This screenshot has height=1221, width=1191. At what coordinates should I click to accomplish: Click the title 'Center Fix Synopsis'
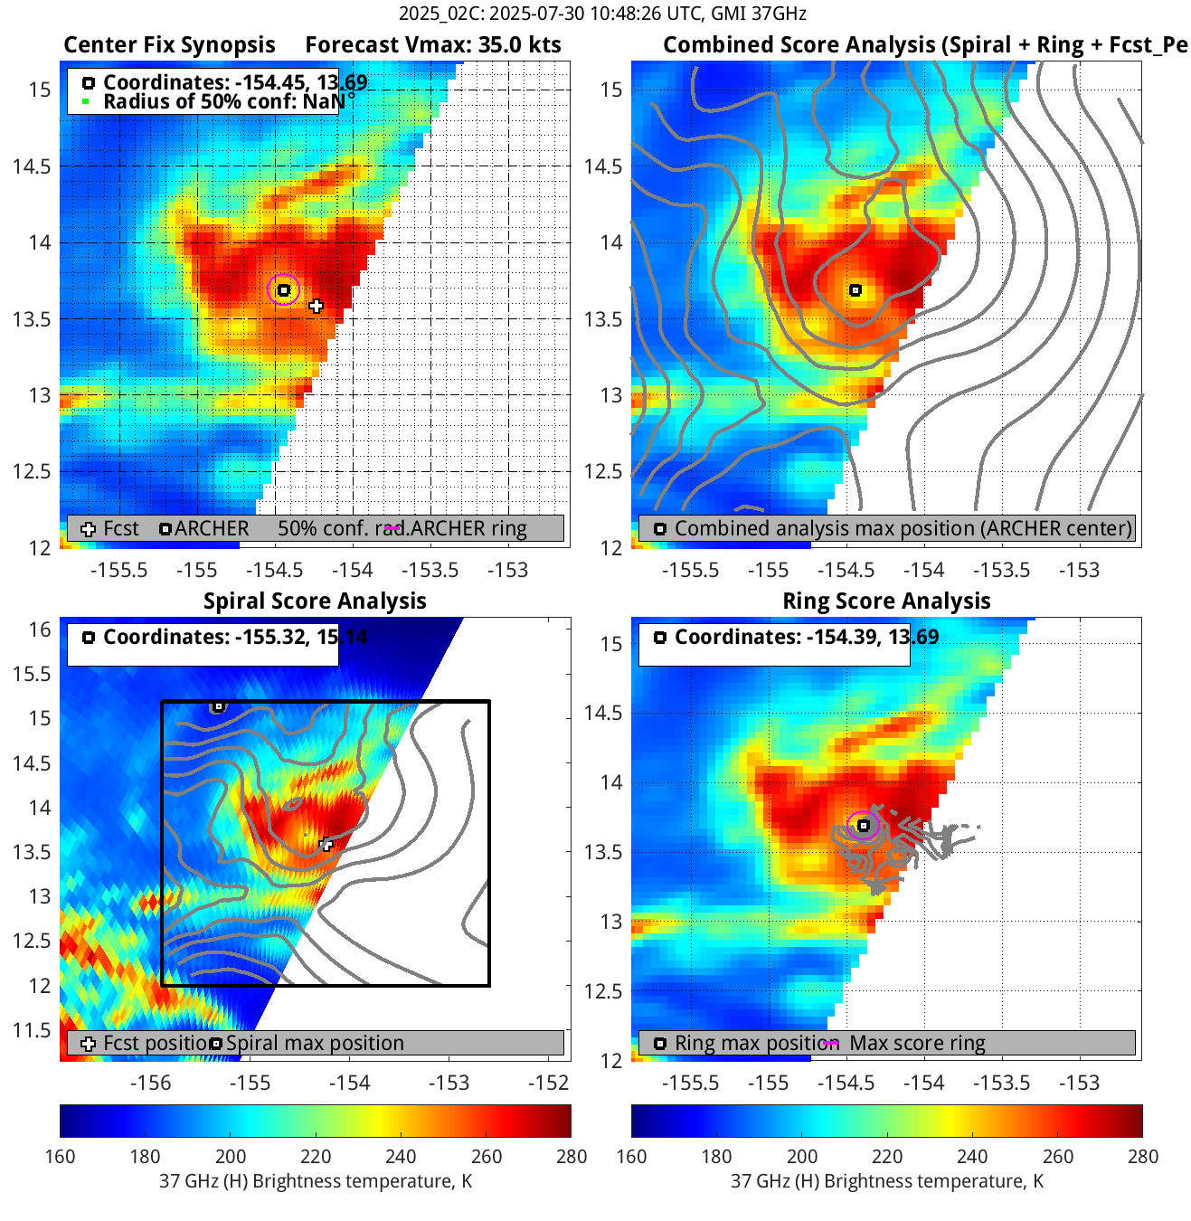(x=169, y=45)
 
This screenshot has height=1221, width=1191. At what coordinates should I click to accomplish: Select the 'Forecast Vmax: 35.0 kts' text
(x=432, y=45)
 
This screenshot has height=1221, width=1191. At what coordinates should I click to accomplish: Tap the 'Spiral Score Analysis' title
(x=315, y=601)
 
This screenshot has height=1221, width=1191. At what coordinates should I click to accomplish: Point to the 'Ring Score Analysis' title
(x=886, y=601)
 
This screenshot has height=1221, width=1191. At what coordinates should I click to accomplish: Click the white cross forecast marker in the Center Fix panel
(x=316, y=306)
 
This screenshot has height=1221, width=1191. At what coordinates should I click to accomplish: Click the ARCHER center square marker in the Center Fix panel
(x=284, y=290)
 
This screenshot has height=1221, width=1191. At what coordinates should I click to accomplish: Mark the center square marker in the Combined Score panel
(x=855, y=290)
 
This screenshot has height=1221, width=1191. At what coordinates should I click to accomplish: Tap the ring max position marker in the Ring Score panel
(x=864, y=825)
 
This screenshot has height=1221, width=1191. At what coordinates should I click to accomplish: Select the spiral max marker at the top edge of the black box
(x=218, y=705)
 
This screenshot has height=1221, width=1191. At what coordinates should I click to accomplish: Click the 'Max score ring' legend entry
(x=917, y=1043)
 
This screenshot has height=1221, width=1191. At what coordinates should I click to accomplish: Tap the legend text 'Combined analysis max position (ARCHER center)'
(x=903, y=529)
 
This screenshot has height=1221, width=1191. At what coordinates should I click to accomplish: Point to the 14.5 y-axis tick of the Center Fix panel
(x=32, y=166)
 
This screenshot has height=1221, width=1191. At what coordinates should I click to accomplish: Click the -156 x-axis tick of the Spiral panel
(x=150, y=1083)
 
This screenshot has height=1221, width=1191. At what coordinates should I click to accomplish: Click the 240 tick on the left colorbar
(x=401, y=1156)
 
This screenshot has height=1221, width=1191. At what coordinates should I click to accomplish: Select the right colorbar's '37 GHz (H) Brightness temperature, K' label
(x=886, y=1181)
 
